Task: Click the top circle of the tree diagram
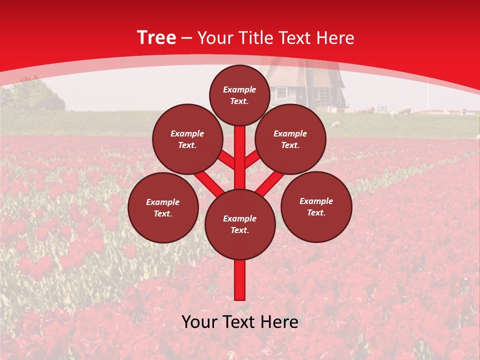[239, 95]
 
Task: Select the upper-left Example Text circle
[187, 139]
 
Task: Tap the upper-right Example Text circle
[290, 139]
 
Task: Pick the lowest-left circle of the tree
[163, 207]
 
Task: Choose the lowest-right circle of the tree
[316, 206]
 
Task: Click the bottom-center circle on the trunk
[240, 224]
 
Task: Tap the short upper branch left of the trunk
[226, 158]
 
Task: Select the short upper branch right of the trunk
[252, 158]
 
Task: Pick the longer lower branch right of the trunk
[270, 183]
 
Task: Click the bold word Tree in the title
[156, 37]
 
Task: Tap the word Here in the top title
[336, 38]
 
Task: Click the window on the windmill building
[281, 92]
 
